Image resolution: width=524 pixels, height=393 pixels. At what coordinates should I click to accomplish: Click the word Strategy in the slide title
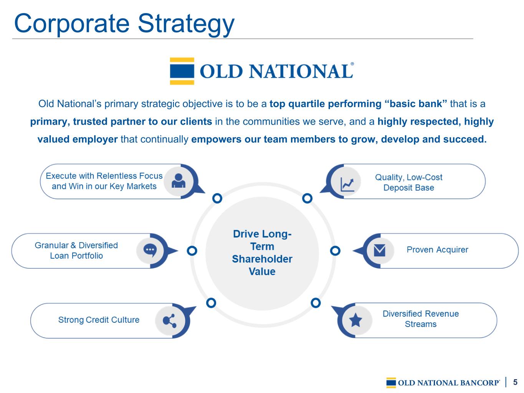click(186, 24)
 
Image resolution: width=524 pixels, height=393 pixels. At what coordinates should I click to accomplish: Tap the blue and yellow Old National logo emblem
click(182, 71)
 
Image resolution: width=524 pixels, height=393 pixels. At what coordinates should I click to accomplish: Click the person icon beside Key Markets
click(179, 181)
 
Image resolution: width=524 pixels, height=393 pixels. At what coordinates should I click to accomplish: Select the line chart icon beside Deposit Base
click(347, 185)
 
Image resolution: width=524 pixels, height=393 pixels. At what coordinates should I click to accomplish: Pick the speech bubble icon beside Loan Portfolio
click(150, 251)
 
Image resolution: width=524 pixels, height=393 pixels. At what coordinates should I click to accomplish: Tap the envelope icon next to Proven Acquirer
click(379, 250)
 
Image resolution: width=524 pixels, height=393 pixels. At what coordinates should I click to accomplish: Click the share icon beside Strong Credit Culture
click(170, 321)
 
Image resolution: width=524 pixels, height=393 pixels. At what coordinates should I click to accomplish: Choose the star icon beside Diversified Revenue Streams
click(355, 320)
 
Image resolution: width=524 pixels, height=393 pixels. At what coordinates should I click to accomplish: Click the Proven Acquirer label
click(437, 250)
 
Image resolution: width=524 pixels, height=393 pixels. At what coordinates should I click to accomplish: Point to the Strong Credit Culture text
click(99, 320)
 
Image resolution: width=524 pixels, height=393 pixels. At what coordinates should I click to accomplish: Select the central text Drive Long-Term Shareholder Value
click(262, 253)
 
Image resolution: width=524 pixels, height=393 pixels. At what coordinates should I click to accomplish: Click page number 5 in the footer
click(515, 382)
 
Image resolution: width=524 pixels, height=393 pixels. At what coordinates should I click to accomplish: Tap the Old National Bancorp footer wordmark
click(448, 383)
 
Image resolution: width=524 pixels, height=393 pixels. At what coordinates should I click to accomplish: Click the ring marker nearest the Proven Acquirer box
click(335, 251)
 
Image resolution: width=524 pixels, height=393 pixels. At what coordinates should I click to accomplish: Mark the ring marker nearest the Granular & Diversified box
click(192, 251)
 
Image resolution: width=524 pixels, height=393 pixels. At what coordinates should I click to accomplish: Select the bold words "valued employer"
click(78, 139)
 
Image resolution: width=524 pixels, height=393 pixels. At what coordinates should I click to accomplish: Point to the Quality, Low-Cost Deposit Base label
click(408, 182)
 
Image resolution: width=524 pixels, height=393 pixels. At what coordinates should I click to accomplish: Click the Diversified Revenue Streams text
click(421, 319)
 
